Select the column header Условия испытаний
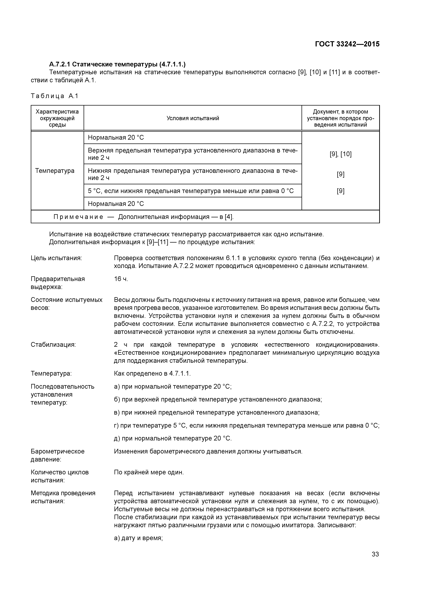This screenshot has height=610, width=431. pos(193,118)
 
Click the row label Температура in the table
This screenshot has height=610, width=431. pos(55,171)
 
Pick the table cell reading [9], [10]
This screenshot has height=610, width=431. pos(340,154)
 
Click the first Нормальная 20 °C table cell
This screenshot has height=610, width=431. pos(116,138)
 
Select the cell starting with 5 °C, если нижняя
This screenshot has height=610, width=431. pos(191,191)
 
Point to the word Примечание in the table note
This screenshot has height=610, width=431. pos(78,217)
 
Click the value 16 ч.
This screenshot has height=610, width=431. pos(121,279)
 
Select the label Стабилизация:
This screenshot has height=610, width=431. pos(53,345)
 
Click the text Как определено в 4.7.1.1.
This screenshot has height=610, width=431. pos(152,374)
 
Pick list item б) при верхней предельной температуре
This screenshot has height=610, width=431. pos(218,399)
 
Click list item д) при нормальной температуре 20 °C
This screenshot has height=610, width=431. pos(173,438)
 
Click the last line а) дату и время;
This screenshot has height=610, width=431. pos(138,538)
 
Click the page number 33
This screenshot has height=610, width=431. pos(375,554)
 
